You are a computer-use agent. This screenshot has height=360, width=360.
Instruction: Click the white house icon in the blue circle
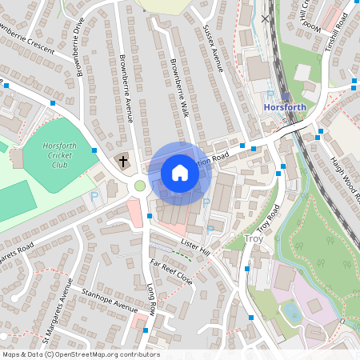180,173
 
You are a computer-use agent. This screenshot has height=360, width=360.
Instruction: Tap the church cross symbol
124,161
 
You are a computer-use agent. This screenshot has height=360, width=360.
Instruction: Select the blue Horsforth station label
286,107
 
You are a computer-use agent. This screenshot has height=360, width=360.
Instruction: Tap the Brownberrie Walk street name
178,86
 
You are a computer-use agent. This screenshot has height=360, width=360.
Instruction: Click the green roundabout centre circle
140,186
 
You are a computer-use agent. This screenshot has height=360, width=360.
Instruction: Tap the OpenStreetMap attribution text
80,354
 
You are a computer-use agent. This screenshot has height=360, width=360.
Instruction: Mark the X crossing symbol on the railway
266,18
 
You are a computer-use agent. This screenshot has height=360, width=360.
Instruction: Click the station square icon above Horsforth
286,96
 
